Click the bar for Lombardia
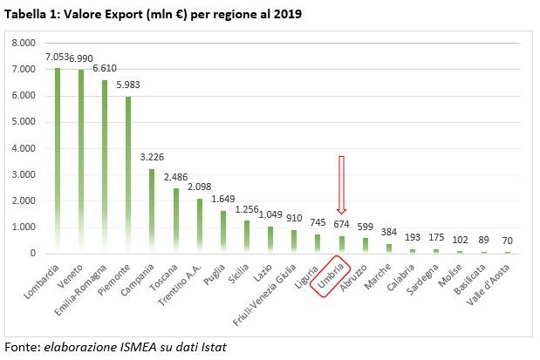pyautogui.click(x=58, y=160)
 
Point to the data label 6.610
pyautogui.click(x=105, y=67)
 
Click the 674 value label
pyautogui.click(x=341, y=224)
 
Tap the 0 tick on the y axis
pyautogui.click(x=32, y=254)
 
